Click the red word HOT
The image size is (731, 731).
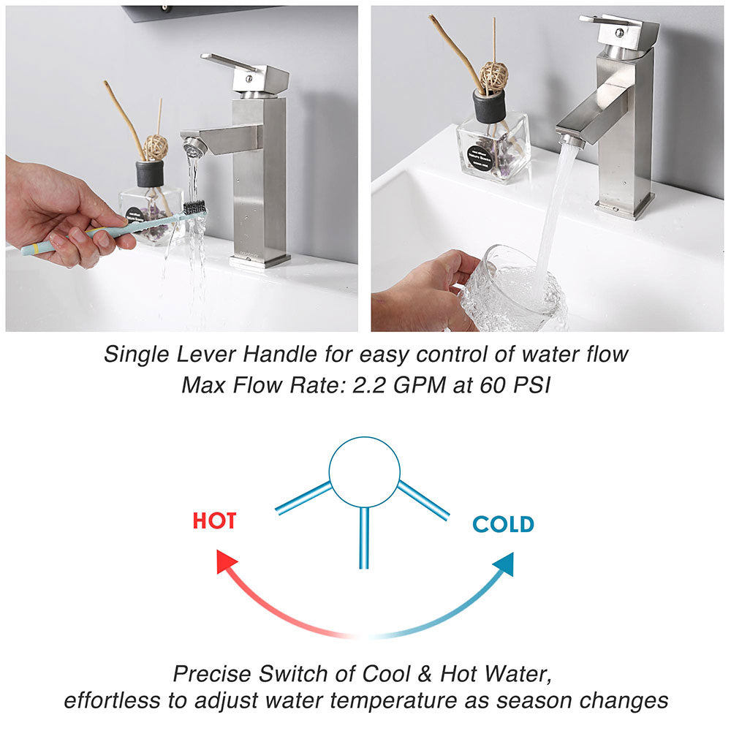click(214, 520)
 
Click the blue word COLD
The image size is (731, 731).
click(504, 524)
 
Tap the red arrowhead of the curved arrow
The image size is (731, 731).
click(226, 561)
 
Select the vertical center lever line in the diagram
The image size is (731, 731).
click(364, 538)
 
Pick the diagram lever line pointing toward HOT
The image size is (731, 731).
click(303, 498)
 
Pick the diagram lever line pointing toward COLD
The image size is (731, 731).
click(423, 500)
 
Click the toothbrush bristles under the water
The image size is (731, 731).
click(194, 207)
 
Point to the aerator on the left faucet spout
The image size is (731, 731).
click(194, 148)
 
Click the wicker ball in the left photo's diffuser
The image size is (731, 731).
click(155, 147)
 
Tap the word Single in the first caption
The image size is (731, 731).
click(136, 355)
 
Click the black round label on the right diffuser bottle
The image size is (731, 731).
click(480, 158)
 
